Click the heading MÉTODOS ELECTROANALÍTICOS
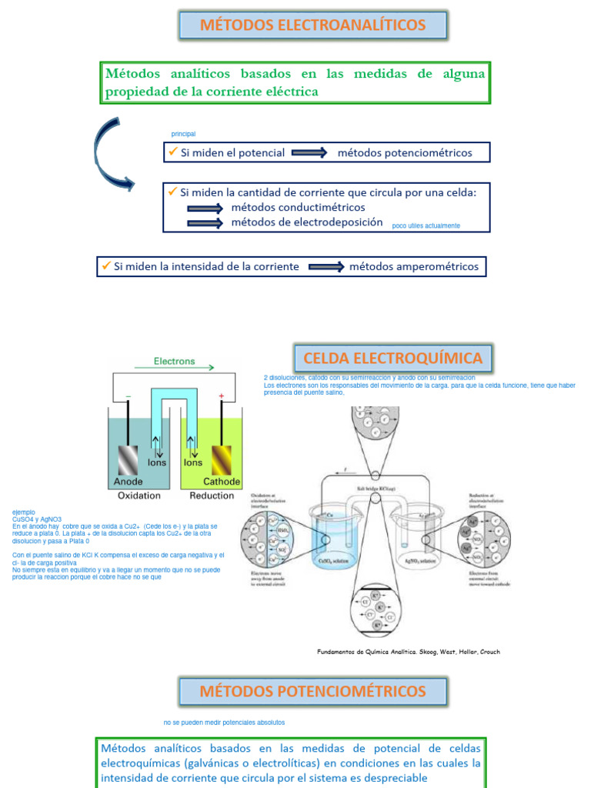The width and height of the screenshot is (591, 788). point(312,25)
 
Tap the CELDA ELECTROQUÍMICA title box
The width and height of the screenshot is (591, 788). point(392,358)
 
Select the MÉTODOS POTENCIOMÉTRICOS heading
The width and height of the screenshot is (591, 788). point(312,690)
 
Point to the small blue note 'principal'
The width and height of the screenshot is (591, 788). point(183,134)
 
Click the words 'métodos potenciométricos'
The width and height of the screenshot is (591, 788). point(404,152)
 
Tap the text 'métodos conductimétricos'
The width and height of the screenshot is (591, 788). point(298,207)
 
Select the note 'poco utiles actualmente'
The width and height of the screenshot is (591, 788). point(426,225)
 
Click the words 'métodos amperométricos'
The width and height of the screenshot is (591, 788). point(413,266)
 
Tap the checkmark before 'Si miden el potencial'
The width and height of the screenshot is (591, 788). point(172,152)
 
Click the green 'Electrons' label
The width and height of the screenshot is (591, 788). point(175,361)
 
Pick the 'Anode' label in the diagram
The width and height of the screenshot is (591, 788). point(129,482)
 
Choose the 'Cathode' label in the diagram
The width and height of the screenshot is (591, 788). point(222,482)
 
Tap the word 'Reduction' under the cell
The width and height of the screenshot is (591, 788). point(212,496)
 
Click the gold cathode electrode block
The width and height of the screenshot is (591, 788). point(222,460)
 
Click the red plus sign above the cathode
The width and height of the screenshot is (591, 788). point(222,396)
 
